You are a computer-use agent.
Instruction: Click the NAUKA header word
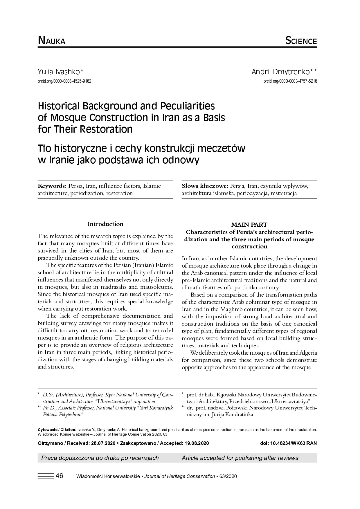coord(52,41)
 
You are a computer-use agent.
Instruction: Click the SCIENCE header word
coord(301,41)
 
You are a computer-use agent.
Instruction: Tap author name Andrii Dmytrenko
coord(284,72)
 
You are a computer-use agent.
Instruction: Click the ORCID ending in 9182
coord(64,81)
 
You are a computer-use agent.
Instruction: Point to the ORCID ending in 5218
coord(290,81)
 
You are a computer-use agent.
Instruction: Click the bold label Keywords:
coord(53,186)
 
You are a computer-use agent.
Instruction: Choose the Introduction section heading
coord(105,224)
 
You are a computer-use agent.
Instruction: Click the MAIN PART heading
coord(249,225)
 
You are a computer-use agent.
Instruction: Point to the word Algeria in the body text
coord(307,353)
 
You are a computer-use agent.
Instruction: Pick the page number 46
coord(60,476)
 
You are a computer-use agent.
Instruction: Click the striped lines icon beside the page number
coord(46,476)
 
